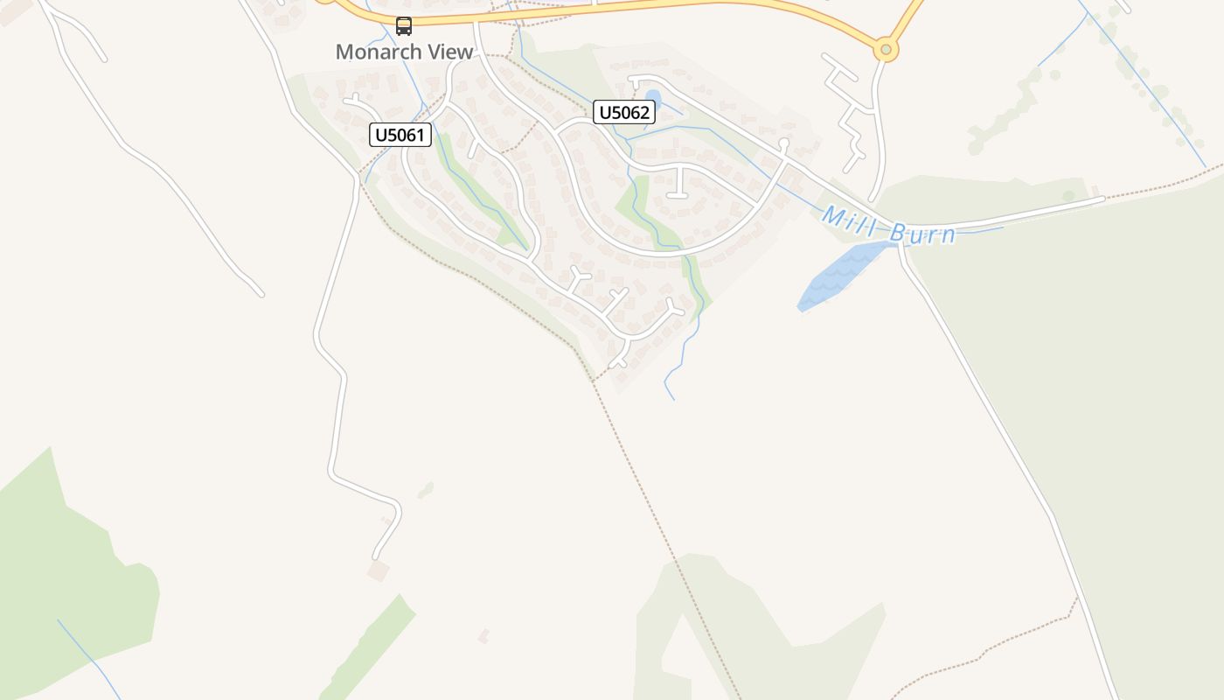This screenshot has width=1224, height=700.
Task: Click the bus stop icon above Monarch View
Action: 403,26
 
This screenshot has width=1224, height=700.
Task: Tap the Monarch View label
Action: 404,52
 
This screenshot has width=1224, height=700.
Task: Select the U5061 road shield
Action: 401,135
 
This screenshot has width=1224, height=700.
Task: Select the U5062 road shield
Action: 624,112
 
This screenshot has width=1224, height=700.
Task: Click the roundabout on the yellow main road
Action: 886,50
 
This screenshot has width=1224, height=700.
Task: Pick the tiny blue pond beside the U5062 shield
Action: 652,97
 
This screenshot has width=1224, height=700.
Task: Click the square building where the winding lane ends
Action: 378,571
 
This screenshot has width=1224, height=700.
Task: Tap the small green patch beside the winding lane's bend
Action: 426,489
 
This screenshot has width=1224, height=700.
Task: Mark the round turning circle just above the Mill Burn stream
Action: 784,143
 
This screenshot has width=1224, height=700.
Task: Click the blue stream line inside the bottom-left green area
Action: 87,656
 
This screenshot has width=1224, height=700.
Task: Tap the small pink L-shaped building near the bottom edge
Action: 483,635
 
